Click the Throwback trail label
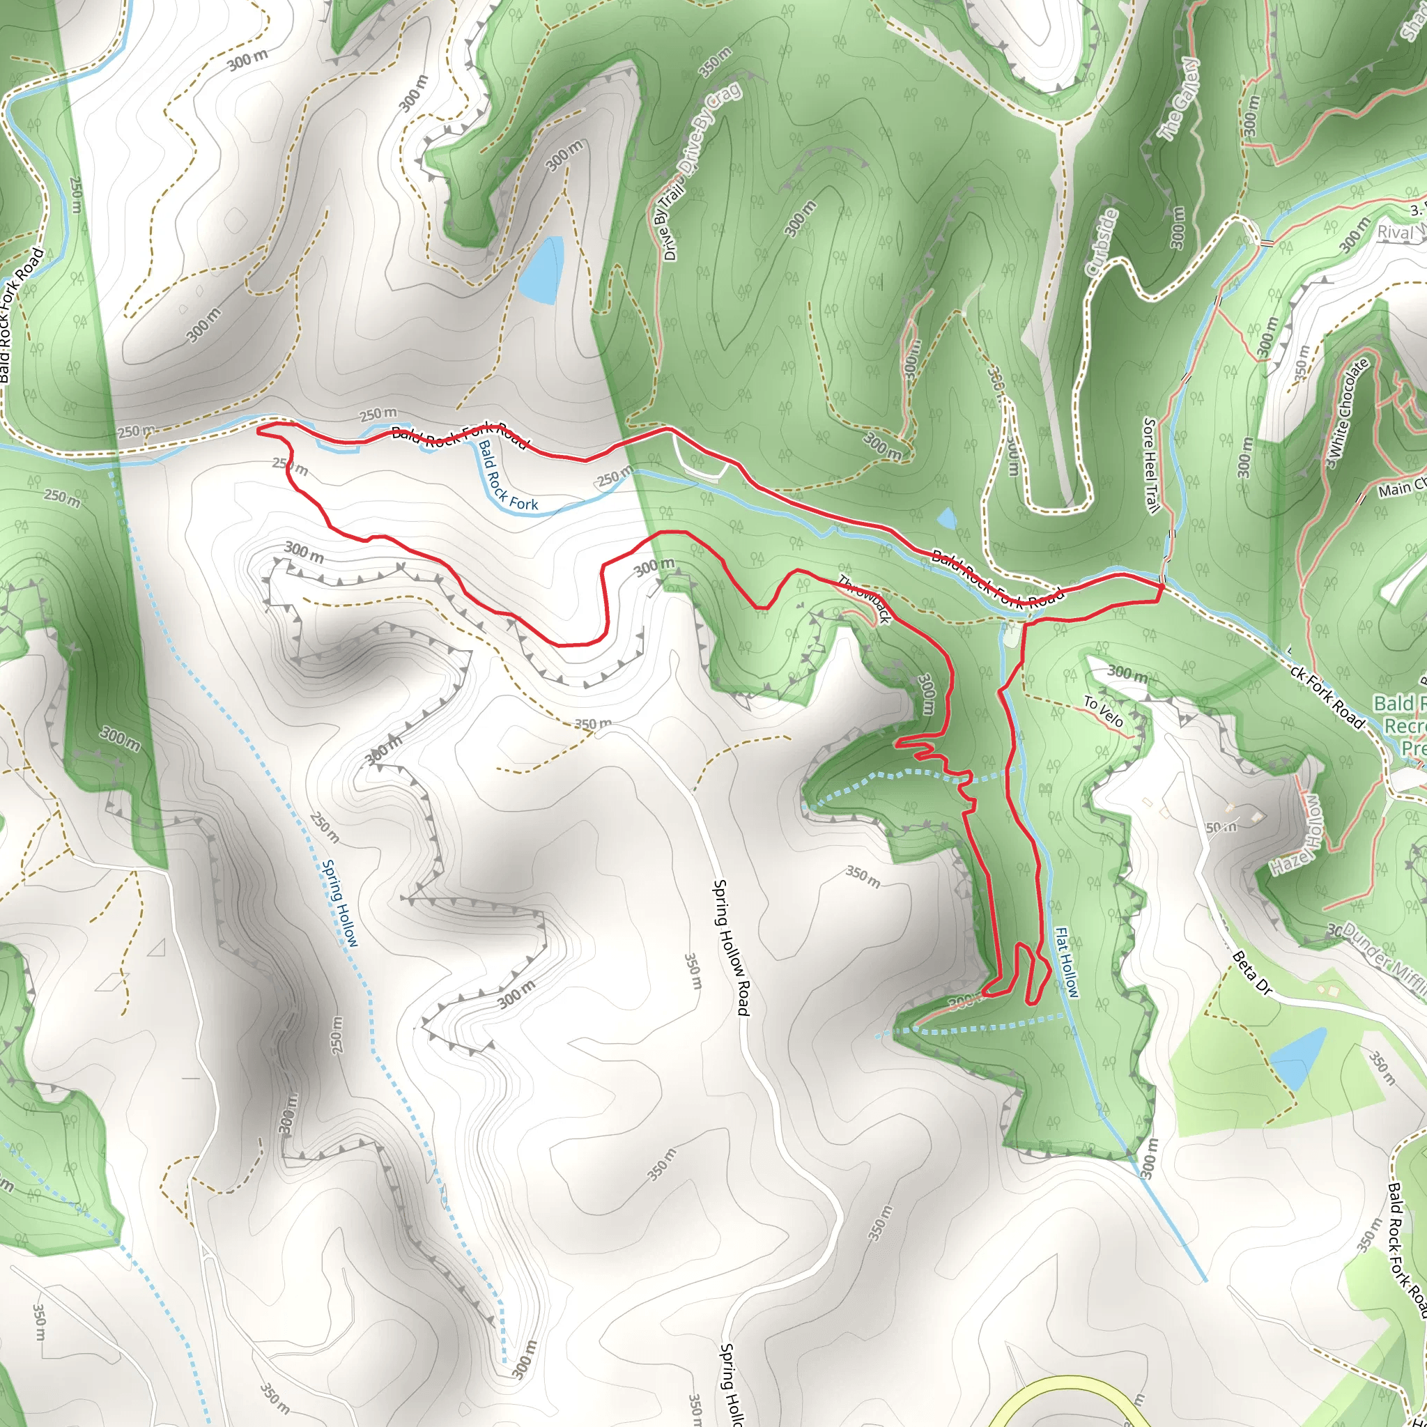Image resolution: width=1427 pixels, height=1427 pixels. coord(863,599)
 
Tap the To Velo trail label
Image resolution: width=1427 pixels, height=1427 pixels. coord(1104,712)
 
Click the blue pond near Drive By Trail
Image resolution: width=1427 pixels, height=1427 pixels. coord(541,270)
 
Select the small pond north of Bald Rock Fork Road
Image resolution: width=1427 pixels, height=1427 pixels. coord(946,518)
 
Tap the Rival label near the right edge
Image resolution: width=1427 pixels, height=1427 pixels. coord(1394,233)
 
